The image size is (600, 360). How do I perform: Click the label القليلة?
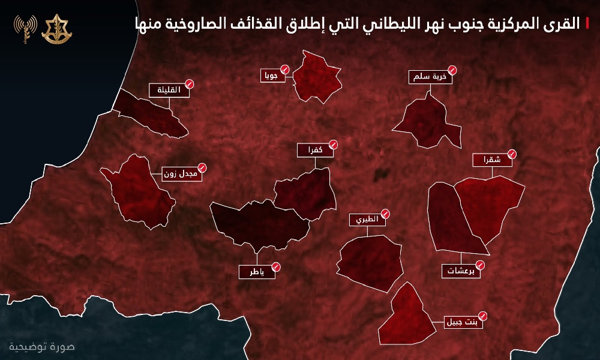167,91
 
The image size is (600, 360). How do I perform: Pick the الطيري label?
365,220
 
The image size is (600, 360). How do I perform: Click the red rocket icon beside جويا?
284,70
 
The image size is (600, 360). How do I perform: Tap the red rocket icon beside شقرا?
511,153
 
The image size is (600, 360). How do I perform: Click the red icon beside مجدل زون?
203,169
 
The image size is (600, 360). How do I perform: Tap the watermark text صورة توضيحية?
42,347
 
